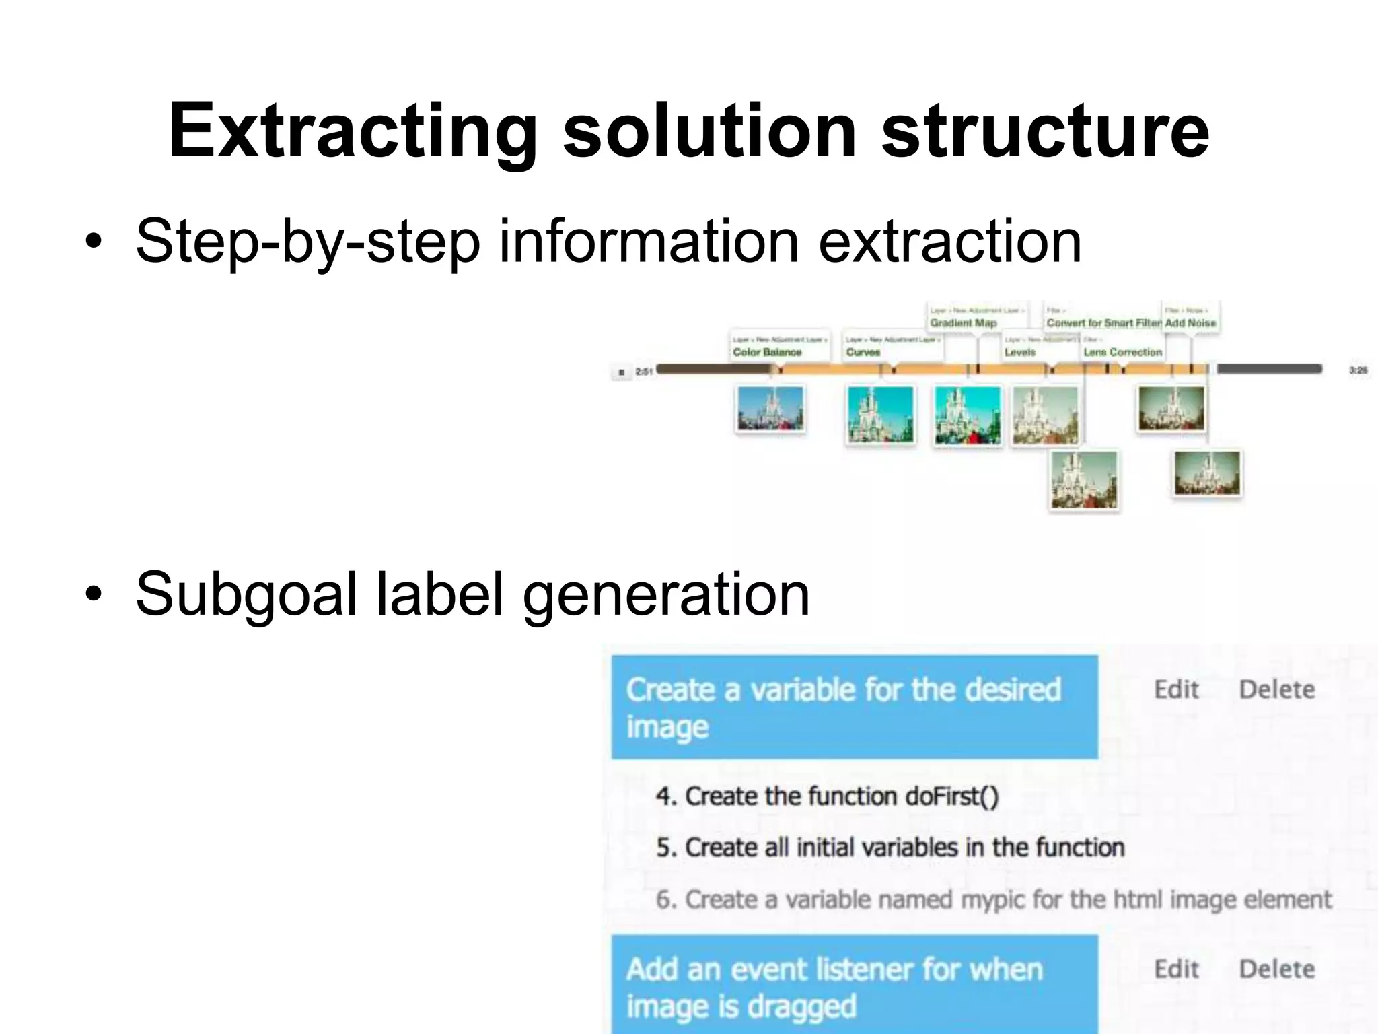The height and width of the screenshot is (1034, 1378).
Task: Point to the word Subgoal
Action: [x=246, y=594]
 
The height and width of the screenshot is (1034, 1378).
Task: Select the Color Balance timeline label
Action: [x=767, y=352]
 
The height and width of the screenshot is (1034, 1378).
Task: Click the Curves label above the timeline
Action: [x=863, y=352]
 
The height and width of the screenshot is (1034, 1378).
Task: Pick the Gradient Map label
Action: [x=963, y=323]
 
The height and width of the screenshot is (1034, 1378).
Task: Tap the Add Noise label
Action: [x=1190, y=323]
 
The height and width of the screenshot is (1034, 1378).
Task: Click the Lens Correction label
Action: [x=1122, y=352]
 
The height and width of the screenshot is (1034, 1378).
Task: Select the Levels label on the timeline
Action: [x=1020, y=352]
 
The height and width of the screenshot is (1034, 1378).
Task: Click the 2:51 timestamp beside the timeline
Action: [x=644, y=372]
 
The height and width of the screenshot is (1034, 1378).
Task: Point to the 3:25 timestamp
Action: [x=1358, y=370]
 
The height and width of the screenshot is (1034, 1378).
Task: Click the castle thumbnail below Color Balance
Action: [x=770, y=409]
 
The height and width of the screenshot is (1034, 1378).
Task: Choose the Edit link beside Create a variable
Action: [x=1176, y=689]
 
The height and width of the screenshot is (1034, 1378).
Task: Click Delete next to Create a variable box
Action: [x=1276, y=689]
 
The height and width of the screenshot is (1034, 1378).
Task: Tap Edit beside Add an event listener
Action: [x=1176, y=969]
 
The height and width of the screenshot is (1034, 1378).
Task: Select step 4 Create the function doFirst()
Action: [x=827, y=796]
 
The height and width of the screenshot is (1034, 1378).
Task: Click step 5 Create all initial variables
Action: [x=890, y=848]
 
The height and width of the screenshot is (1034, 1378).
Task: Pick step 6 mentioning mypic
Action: [x=993, y=899]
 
